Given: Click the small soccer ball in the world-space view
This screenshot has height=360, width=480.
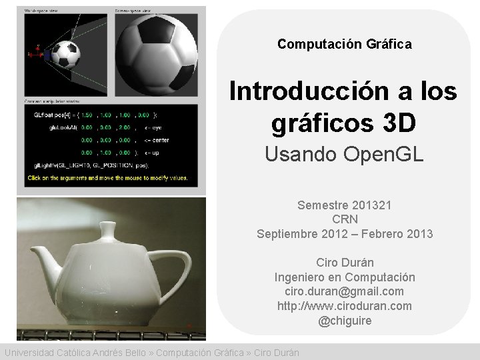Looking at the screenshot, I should click(65, 55).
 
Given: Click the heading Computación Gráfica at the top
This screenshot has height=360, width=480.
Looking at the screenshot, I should click(344, 44).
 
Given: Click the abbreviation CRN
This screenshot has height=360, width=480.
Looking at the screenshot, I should click(344, 219).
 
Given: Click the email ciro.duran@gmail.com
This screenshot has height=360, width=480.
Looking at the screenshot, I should click(344, 291).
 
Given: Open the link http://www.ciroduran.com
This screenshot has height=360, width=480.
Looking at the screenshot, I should click(344, 306).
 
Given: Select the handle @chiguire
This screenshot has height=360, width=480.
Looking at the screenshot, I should click(344, 321).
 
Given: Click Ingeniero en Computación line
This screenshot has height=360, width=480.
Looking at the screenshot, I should click(344, 277).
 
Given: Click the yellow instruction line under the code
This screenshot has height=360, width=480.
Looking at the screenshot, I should click(107, 178).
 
